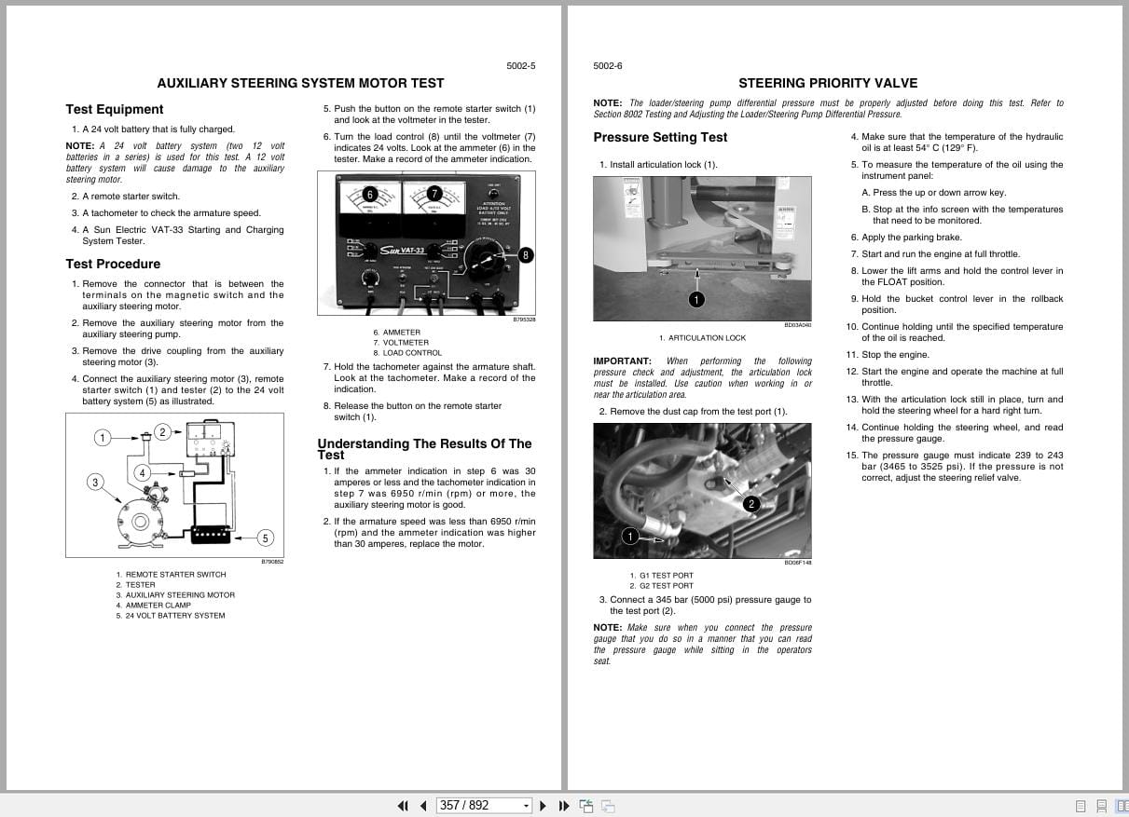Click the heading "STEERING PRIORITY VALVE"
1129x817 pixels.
(x=828, y=83)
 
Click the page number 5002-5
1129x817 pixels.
(x=520, y=66)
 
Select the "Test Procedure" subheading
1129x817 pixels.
(x=113, y=264)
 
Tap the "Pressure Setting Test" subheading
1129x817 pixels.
(x=660, y=137)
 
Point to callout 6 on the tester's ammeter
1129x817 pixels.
(x=370, y=194)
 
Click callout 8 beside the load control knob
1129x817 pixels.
(x=526, y=254)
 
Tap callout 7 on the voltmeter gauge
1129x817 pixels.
(x=434, y=194)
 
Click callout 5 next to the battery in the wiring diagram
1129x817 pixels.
(x=265, y=538)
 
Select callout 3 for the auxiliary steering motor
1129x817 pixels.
(x=95, y=482)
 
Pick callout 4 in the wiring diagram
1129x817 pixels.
(x=142, y=472)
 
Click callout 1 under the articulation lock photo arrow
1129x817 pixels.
(x=696, y=299)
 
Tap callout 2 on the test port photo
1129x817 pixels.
(x=751, y=504)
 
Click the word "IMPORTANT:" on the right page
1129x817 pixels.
(x=622, y=361)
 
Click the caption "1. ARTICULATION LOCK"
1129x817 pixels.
(x=702, y=338)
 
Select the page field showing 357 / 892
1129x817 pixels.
(x=483, y=805)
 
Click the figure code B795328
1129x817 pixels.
(x=524, y=320)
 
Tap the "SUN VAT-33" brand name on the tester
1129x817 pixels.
(x=402, y=250)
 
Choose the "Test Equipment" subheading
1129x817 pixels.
(x=114, y=109)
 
